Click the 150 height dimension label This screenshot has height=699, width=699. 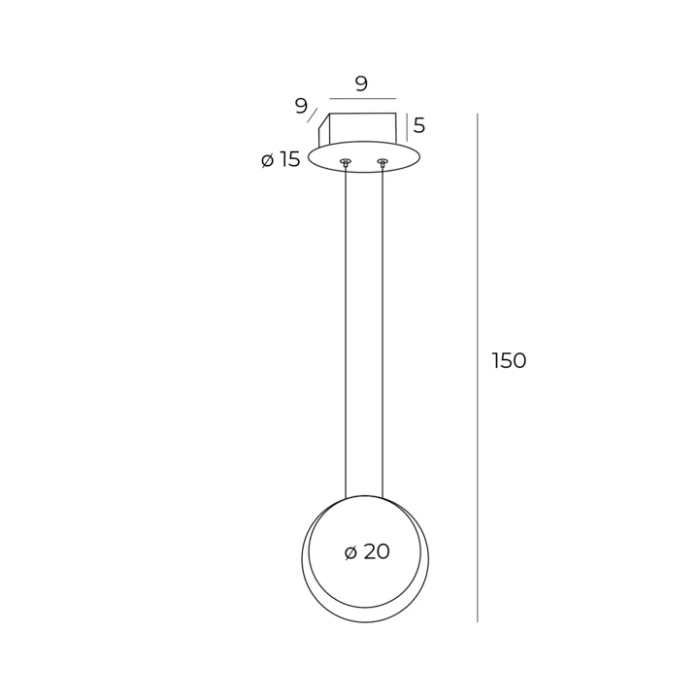(x=509, y=360)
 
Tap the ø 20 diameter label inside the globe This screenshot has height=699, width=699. (x=367, y=551)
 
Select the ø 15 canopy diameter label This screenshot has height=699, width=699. (x=281, y=159)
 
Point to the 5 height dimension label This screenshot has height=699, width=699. (x=419, y=125)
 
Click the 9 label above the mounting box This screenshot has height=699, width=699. (x=361, y=83)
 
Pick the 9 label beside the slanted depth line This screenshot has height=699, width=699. (x=301, y=106)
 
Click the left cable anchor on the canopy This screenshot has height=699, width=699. (x=346, y=161)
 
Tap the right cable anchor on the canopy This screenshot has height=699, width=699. (x=383, y=161)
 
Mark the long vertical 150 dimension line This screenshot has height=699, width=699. (x=478, y=368)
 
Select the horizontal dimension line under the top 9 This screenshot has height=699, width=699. (x=362, y=98)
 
